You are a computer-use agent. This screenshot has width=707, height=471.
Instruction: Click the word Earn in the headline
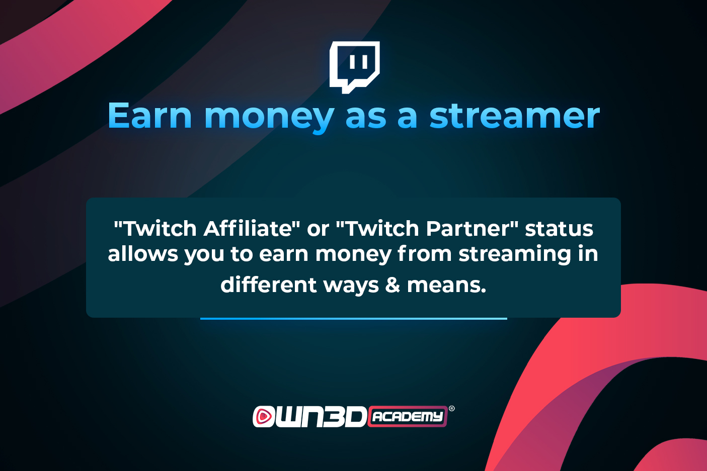tap(149, 116)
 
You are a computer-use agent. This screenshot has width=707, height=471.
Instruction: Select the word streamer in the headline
tap(514, 116)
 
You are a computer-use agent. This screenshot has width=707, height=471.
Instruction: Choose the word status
tap(559, 229)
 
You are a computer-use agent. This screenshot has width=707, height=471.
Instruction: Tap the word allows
tap(142, 254)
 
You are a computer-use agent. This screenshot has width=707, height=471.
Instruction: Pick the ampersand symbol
tap(392, 285)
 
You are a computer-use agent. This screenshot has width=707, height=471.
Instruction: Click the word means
tap(446, 286)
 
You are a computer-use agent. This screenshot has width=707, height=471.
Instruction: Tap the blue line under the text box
tap(353, 319)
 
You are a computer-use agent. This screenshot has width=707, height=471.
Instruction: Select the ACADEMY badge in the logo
tap(408, 417)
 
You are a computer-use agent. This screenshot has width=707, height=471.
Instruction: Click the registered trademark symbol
tap(451, 409)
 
